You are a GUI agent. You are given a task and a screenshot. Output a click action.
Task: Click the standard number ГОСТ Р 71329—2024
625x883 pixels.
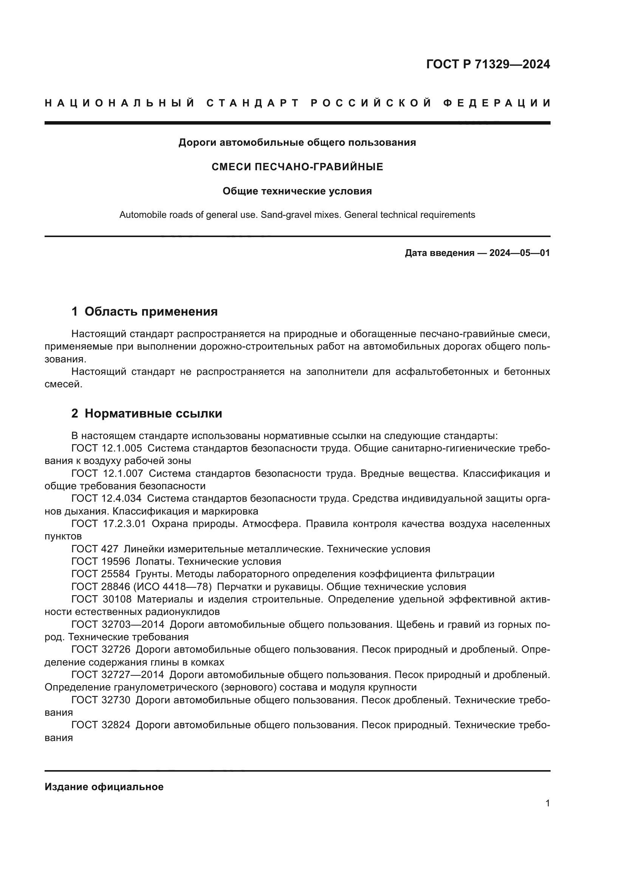click(x=487, y=64)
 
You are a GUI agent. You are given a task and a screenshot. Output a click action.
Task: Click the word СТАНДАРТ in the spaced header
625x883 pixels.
click(x=252, y=103)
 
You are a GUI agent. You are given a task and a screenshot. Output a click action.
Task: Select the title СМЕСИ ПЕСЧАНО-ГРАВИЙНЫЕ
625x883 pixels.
click(x=297, y=167)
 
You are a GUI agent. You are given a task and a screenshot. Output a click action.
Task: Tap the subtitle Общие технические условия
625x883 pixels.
click(x=297, y=191)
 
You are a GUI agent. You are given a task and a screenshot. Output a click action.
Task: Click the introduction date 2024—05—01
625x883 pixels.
click(x=519, y=253)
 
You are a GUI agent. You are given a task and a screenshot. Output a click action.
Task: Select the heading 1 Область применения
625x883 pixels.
click(x=145, y=311)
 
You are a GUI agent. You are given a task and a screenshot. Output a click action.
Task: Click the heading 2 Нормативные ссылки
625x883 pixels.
click(x=147, y=413)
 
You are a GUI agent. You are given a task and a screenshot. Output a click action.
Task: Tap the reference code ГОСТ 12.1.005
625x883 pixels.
click(x=107, y=448)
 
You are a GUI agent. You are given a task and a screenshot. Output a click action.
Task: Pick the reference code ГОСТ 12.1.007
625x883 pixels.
click(x=107, y=473)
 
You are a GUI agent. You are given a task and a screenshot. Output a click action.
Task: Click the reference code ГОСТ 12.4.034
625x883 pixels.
click(x=107, y=499)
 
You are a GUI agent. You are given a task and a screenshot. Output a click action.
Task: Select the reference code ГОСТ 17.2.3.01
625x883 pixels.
click(x=108, y=524)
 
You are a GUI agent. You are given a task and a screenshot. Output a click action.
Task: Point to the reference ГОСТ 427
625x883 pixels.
click(x=95, y=549)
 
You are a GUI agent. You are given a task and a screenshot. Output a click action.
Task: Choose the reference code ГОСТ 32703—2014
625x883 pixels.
click(x=118, y=624)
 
